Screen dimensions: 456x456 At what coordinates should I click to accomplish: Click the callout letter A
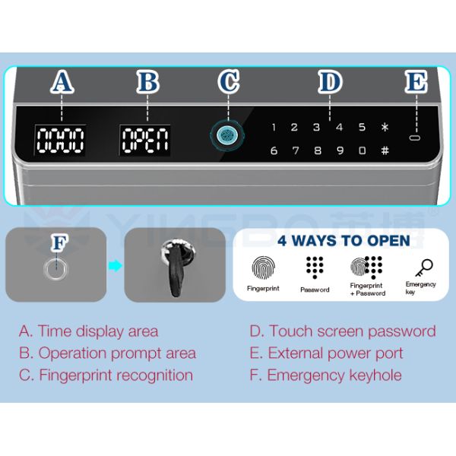[x=62, y=81]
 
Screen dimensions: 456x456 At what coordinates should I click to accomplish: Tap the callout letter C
[x=229, y=81]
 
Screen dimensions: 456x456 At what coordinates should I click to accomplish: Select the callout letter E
[x=416, y=81]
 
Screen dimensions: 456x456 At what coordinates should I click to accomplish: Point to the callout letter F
[x=59, y=242]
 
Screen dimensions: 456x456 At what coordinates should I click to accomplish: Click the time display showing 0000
[x=60, y=141]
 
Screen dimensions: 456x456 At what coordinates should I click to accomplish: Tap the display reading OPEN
[x=145, y=141]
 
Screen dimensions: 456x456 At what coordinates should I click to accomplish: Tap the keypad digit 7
[x=296, y=150]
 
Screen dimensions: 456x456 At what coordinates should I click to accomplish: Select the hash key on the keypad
[x=385, y=150]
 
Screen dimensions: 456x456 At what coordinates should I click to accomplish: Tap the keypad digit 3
[x=316, y=127]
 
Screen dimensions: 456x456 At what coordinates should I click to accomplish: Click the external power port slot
[x=415, y=138]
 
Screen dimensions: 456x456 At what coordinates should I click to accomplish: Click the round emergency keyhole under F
[x=55, y=269]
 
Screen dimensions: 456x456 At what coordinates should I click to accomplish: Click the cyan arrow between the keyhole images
[x=116, y=265]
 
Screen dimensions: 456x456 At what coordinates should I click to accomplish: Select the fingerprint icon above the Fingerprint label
[x=263, y=268]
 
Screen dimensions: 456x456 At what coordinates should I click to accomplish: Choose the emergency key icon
[x=424, y=268]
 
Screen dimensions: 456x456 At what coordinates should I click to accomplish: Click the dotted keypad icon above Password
[x=315, y=268]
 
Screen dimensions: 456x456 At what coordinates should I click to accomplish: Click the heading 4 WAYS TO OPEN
[x=344, y=240]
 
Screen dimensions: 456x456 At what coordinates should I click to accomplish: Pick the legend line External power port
[x=326, y=353]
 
